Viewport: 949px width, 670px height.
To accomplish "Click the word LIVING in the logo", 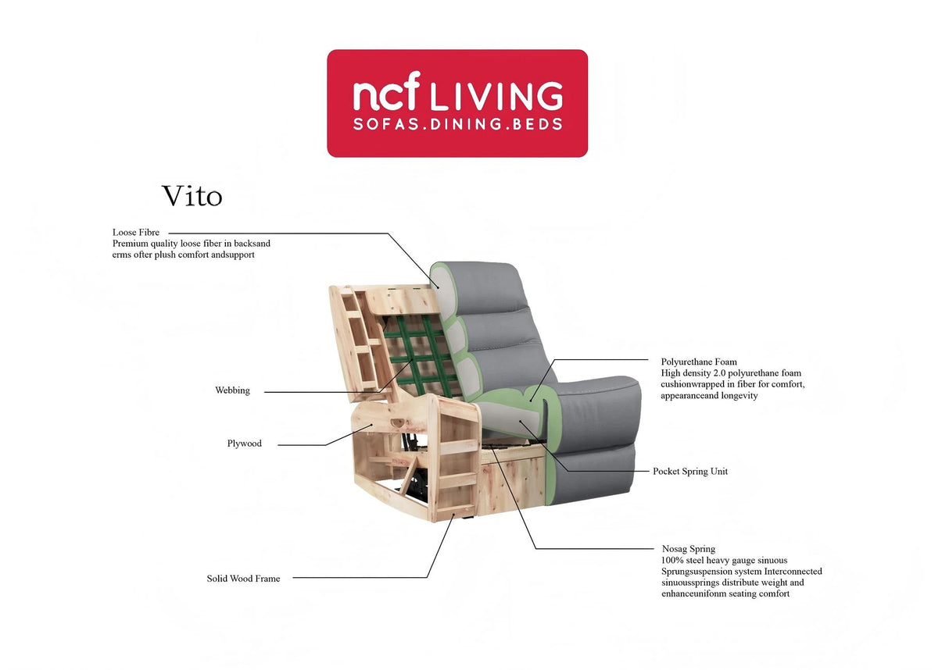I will click(x=496, y=95).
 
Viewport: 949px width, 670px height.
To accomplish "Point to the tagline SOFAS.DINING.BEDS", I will click(x=457, y=125).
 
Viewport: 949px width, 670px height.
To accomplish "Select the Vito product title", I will click(x=192, y=197).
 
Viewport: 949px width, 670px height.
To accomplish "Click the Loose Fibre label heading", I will click(x=136, y=233).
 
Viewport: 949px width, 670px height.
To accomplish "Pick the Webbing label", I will click(x=232, y=390).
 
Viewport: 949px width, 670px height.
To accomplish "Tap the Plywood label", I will click(x=244, y=444).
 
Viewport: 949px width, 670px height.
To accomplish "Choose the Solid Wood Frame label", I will click(x=243, y=579).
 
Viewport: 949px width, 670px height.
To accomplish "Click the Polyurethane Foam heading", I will click(x=699, y=362).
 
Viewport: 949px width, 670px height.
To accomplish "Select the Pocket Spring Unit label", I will click(x=690, y=472).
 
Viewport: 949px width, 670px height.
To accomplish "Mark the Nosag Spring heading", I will click(x=689, y=549).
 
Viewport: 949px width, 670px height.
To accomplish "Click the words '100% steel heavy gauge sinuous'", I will click(x=724, y=561).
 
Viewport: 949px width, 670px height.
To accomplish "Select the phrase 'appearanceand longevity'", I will click(x=709, y=396).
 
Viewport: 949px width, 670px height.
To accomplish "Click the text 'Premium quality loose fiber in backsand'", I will click(x=192, y=244).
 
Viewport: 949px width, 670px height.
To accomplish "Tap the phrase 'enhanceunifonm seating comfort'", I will click(x=725, y=594).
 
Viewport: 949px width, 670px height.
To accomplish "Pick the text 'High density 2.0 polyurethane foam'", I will click(x=731, y=373).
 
